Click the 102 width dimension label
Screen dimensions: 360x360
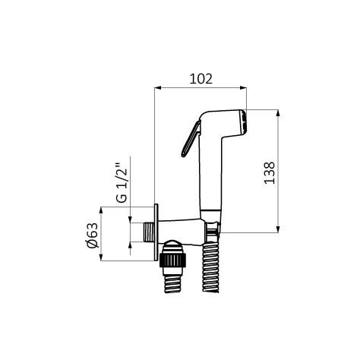pyautogui.click(x=201, y=79)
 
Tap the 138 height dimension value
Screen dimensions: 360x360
pyautogui.click(x=270, y=172)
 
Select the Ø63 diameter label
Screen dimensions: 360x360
pyautogui.click(x=92, y=235)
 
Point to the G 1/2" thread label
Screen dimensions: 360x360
pyautogui.click(x=122, y=182)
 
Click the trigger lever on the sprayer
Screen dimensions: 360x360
pyautogui.click(x=191, y=139)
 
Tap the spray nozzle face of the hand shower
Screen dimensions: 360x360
pyautogui.click(x=243, y=122)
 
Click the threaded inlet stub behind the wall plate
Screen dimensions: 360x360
pyautogui.click(x=149, y=232)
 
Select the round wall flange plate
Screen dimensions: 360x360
pyautogui.click(x=156, y=232)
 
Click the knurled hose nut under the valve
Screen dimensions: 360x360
pyautogui.click(x=172, y=260)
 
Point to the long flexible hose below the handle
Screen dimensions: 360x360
pyautogui.click(x=210, y=267)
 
